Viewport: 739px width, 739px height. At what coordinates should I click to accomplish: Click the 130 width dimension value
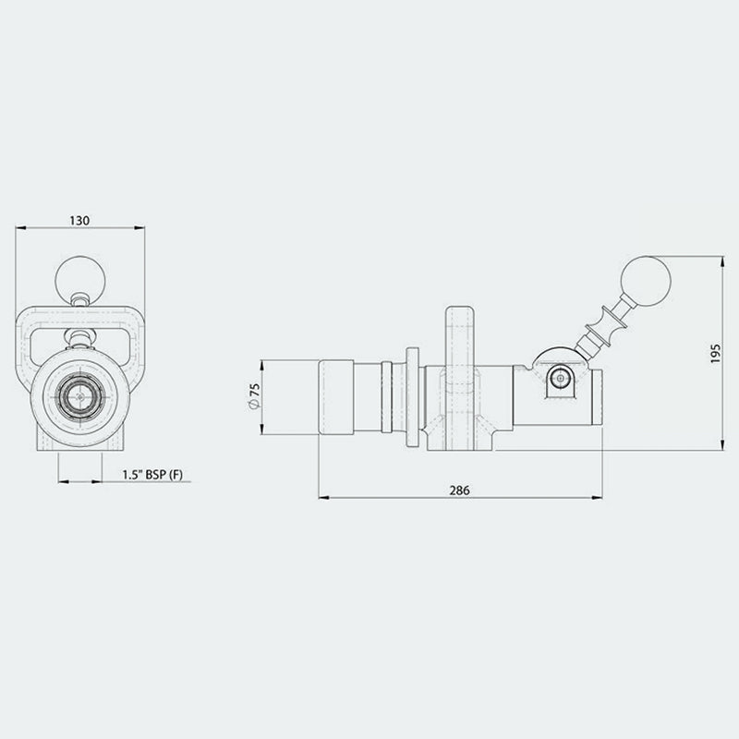pos(80,221)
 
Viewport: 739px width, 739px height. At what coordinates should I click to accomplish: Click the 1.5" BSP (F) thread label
pos(153,476)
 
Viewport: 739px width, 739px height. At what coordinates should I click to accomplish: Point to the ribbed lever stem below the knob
pos(600,329)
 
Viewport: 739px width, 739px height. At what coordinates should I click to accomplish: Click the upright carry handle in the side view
pos(460,337)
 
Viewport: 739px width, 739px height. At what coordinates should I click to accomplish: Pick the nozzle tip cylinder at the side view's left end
pos(338,397)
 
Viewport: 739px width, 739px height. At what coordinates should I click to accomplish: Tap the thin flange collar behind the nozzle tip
pos(411,397)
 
